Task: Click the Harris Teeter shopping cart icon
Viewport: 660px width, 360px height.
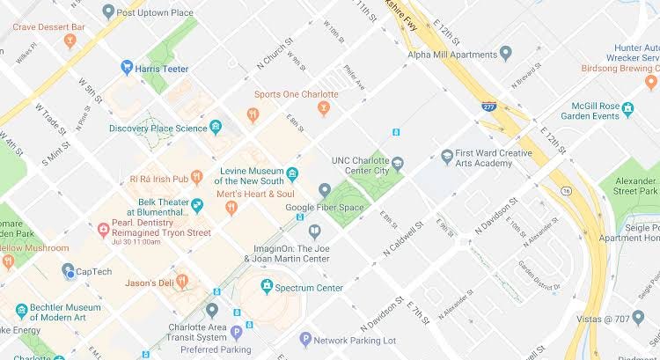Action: tap(128, 67)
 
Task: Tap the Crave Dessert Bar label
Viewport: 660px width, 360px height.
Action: tap(48, 28)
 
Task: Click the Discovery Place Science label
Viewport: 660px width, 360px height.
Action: tap(158, 129)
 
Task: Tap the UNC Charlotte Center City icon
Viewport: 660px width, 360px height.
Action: tap(398, 164)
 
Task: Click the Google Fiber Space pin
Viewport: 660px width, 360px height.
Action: tap(325, 190)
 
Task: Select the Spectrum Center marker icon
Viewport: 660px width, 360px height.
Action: tap(267, 287)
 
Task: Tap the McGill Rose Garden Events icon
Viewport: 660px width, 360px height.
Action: tap(628, 110)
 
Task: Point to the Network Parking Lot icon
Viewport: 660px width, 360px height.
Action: tap(305, 339)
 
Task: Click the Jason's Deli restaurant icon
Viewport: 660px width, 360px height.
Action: tap(182, 282)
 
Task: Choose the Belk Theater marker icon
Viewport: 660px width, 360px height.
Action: tap(197, 206)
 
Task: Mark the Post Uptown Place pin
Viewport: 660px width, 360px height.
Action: tap(108, 11)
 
